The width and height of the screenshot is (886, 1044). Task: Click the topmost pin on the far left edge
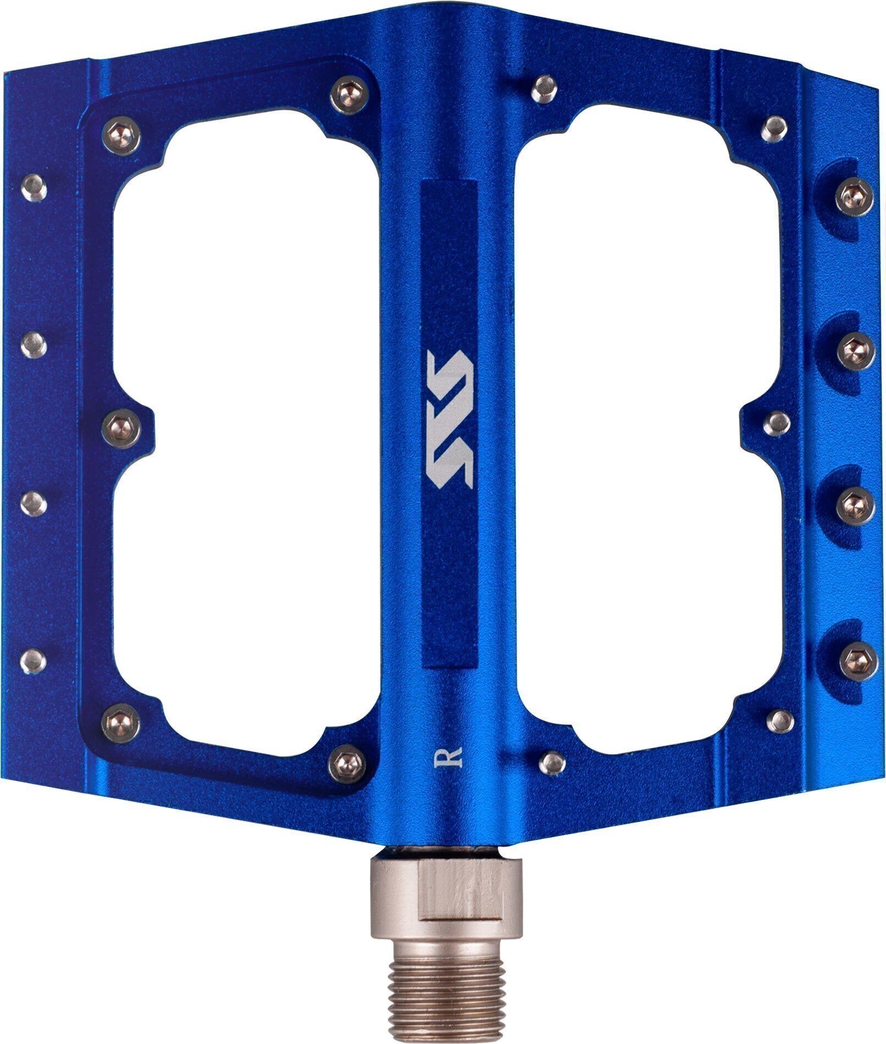(x=34, y=188)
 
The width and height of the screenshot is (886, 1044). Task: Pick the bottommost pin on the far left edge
(x=34, y=661)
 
